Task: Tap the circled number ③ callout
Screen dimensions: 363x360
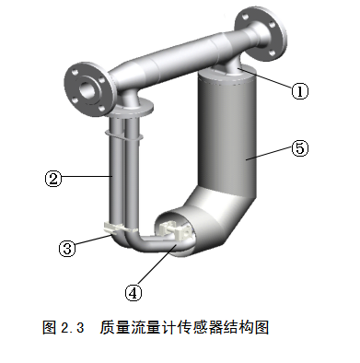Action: tap(66, 248)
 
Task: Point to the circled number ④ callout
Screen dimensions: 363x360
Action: tap(134, 292)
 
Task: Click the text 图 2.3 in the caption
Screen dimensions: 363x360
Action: tap(63, 327)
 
